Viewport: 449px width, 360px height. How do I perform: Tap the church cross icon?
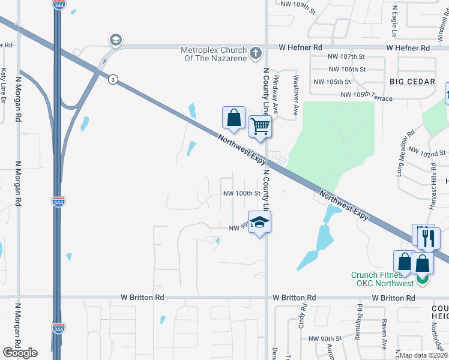tap(255, 53)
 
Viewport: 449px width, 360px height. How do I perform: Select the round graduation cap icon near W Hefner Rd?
tap(115, 40)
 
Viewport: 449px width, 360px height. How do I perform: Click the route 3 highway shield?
tap(113, 79)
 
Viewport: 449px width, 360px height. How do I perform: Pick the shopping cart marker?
tap(260, 127)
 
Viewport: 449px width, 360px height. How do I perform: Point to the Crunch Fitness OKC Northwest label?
tap(382, 279)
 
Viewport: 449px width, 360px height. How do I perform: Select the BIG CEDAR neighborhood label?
tap(412, 81)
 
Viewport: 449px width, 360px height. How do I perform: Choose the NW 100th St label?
tap(241, 194)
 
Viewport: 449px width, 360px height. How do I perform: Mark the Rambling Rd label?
tap(359, 323)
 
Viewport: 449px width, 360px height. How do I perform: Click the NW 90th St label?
tap(325, 339)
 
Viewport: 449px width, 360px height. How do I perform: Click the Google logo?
tap(20, 353)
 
